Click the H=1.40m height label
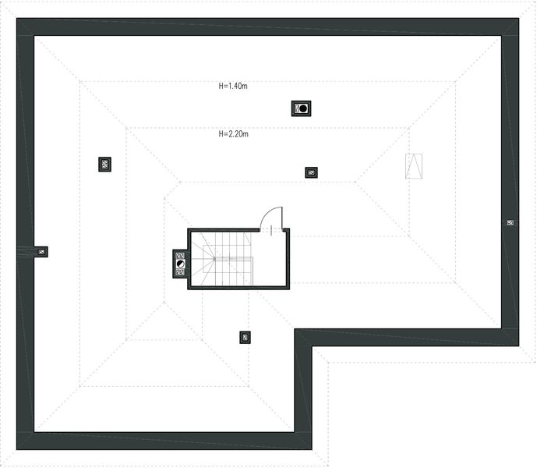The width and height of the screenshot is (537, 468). click(x=233, y=86)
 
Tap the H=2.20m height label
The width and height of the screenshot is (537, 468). click(x=233, y=133)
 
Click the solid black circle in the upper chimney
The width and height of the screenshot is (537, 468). click(x=303, y=108)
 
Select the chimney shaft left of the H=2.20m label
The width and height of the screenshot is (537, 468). click(x=104, y=165)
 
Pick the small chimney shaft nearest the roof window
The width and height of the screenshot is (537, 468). click(x=311, y=172)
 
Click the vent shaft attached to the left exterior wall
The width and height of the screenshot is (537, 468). click(x=42, y=252)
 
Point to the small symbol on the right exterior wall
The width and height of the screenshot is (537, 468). click(x=511, y=223)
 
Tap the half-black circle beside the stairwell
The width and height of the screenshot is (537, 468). click(x=181, y=264)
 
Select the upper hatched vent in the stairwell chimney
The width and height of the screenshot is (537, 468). click(x=181, y=255)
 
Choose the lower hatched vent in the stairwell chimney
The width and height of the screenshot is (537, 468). click(x=181, y=272)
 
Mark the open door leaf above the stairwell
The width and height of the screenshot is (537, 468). click(x=282, y=218)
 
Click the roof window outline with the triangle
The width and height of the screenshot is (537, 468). click(x=414, y=166)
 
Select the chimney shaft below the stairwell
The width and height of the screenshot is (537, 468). click(x=245, y=338)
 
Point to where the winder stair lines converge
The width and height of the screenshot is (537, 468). click(x=215, y=259)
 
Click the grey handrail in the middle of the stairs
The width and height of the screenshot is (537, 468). click(x=234, y=258)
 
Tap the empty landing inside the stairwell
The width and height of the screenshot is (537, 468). click(x=269, y=259)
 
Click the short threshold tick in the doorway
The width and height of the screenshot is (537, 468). click(x=271, y=230)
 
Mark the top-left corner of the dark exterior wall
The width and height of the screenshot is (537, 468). click(x=16, y=18)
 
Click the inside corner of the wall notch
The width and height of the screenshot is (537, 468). click(x=312, y=346)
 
